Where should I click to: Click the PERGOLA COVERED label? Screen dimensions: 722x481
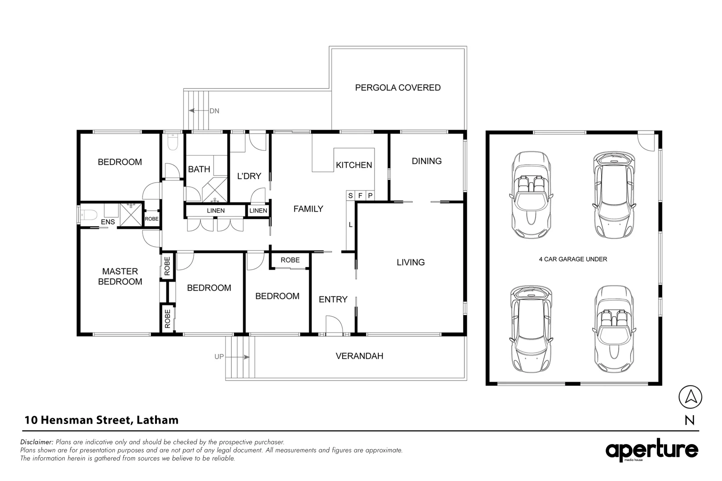398,88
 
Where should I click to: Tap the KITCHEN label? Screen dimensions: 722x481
354,165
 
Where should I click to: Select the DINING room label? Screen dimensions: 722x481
427,161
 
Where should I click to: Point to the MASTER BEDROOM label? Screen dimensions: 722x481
120,277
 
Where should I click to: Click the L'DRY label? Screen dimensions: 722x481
249,176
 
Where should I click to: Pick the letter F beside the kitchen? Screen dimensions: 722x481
361,196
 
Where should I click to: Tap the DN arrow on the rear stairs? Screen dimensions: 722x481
199,111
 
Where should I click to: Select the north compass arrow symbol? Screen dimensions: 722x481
690,397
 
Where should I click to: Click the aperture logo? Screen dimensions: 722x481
652,450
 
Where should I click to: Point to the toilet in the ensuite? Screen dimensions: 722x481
88,215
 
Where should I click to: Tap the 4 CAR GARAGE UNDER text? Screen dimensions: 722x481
573,259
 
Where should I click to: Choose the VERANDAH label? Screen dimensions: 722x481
359,356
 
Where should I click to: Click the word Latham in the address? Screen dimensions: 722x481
157,420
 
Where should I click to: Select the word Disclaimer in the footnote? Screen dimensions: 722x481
37,442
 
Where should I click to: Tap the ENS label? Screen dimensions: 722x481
108,222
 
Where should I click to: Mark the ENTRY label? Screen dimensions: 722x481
333,300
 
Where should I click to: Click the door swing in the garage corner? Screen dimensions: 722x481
646,142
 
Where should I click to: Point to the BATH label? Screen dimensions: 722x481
199,169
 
